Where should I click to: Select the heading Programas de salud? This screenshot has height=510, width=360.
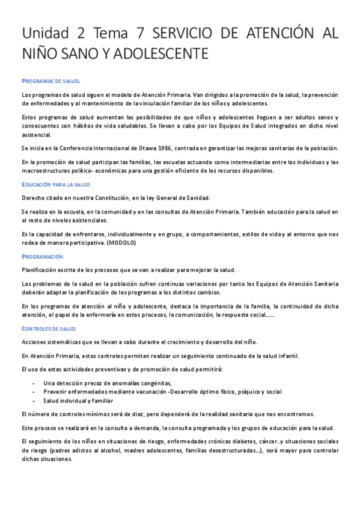(x=51, y=81)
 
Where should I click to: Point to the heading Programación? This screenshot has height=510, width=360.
(x=42, y=256)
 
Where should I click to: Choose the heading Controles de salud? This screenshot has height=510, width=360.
(x=49, y=329)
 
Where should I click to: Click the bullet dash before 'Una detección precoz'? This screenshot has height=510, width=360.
(x=34, y=383)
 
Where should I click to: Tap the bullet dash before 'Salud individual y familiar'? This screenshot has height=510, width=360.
(x=34, y=400)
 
